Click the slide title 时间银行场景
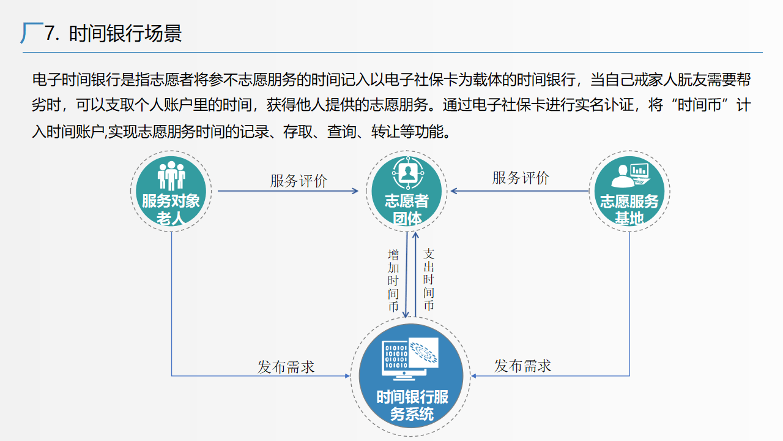tap(125, 33)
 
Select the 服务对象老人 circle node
tap(171, 190)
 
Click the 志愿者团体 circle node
tap(407, 190)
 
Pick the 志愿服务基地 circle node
tap(629, 190)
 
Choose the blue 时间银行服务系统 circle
tap(411, 377)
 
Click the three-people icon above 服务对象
tap(171, 176)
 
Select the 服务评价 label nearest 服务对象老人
tap(299, 181)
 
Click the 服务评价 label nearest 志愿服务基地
tap(521, 178)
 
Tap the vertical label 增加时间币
tap(393, 281)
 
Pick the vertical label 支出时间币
tap(429, 279)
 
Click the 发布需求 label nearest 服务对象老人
tap(286, 367)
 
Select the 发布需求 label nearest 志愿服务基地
tap(522, 366)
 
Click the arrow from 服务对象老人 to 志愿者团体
tap(288, 191)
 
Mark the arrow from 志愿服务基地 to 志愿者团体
tap(520, 191)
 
